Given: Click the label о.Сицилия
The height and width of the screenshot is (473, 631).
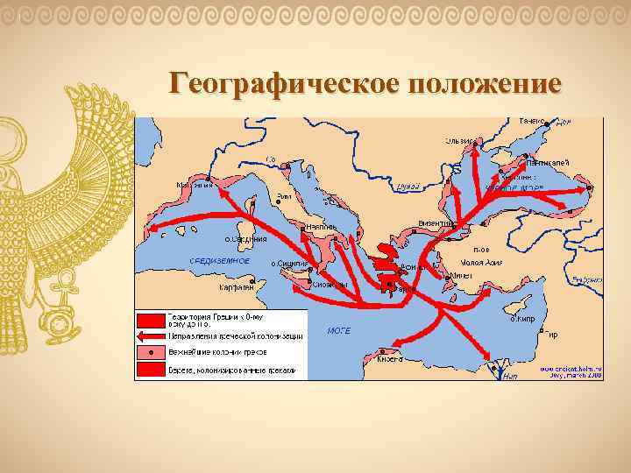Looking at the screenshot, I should [287, 263].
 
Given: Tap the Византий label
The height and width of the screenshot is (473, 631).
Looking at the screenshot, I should [436, 223].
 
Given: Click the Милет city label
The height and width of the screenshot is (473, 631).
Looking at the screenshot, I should [460, 274].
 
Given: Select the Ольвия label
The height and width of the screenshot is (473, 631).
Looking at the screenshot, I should [459, 141].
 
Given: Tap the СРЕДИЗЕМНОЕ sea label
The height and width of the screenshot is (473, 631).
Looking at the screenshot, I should [219, 260].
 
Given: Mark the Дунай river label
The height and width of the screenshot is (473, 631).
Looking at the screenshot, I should [408, 186].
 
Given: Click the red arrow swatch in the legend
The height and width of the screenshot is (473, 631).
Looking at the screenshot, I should [145, 335].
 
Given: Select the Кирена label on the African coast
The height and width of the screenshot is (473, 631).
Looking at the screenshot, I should [389, 358].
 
